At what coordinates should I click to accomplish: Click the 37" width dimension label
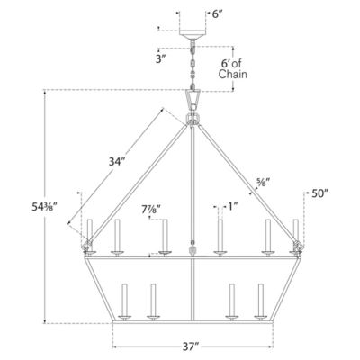[191, 347]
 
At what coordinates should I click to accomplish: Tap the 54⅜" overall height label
[45, 207]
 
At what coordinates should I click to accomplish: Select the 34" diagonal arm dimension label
[116, 162]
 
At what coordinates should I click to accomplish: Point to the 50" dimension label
[319, 193]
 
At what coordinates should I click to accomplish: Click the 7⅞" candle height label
[151, 210]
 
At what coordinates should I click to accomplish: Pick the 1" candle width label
[233, 206]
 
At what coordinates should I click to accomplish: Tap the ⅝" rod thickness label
[264, 182]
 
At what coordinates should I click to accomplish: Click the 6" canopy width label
[218, 14]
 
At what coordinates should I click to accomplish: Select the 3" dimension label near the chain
[161, 59]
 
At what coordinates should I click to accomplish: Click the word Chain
[233, 74]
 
